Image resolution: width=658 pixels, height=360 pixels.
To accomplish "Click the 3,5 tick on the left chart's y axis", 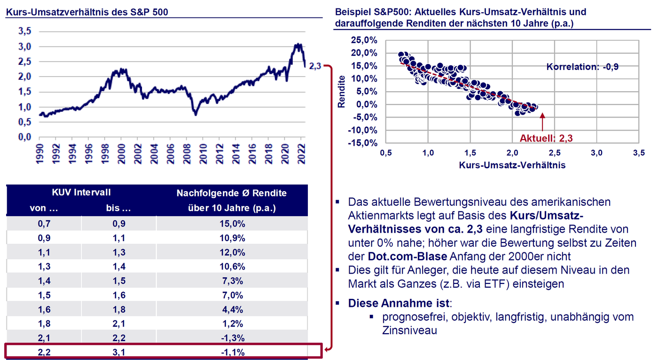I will point(24,31).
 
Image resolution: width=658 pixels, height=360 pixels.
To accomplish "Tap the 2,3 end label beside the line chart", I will point(315,66).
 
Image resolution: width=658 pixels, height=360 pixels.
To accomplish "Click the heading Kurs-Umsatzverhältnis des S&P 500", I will point(86,12).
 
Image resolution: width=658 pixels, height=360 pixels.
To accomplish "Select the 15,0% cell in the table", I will point(232,224).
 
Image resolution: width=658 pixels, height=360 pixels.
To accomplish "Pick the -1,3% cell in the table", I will point(232,338).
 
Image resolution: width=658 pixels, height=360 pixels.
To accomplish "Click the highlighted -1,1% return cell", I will point(232,352).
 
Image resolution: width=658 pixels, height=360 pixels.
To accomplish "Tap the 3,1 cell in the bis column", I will point(119,352).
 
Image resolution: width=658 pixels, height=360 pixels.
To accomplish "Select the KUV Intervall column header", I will point(81,193).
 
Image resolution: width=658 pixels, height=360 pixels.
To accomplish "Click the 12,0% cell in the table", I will point(232,252).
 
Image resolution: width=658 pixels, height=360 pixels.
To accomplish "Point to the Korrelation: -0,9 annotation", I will point(582,67).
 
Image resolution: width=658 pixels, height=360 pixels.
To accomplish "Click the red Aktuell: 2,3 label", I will point(546,138).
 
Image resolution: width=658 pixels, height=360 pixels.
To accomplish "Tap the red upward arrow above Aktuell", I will point(542,122).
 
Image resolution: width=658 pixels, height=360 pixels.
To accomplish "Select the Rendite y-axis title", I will point(342,92).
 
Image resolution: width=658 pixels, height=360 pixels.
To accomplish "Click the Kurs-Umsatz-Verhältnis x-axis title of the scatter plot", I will point(512,165).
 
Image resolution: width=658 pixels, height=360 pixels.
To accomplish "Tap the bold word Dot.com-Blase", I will point(407,257).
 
